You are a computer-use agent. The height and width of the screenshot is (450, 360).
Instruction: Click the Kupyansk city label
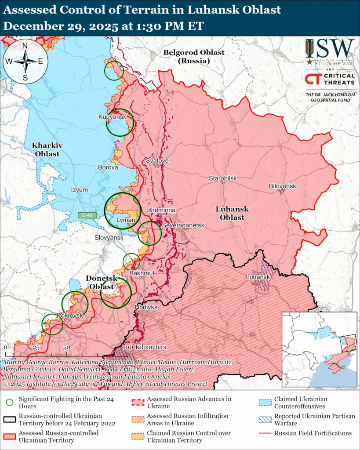point(113,116)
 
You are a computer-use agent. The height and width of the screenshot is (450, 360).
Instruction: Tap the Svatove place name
point(157,161)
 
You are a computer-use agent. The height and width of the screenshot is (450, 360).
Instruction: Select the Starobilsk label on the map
point(222,178)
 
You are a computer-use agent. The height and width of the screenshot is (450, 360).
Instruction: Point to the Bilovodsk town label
point(283,186)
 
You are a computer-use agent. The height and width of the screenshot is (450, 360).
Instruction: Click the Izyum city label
point(80,190)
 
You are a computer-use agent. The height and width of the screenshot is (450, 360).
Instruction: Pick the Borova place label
point(108,167)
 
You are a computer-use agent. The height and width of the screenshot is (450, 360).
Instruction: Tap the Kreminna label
point(162,210)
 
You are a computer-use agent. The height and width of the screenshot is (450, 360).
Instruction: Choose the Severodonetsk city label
point(183,225)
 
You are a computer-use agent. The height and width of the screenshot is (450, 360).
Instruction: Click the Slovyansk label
point(109,237)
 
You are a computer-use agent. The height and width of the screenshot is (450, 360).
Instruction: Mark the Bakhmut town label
point(142,273)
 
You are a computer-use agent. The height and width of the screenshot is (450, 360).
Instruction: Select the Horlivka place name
point(146,307)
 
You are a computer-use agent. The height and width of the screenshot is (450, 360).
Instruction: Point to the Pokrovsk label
point(70,316)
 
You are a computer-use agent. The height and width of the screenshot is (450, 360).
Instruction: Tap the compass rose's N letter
point(25,45)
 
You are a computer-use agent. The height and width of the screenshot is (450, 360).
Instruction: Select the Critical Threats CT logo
point(313,79)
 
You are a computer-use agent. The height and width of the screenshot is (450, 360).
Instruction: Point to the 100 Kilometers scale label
point(145,347)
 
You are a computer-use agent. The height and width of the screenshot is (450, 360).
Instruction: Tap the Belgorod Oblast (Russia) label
point(194,57)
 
